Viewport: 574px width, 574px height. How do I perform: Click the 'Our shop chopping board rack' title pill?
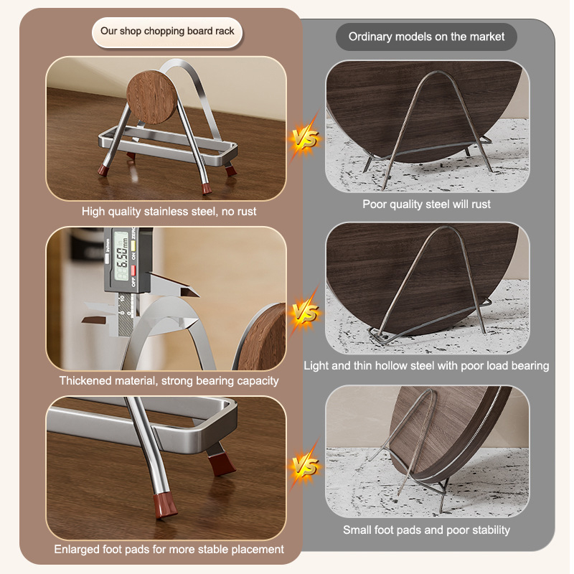167,32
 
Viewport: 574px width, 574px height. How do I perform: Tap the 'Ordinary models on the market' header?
426,37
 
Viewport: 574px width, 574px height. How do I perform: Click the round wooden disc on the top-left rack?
151,97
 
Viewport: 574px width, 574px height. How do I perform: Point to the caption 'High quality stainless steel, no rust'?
169,211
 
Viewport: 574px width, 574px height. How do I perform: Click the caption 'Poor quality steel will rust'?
426,204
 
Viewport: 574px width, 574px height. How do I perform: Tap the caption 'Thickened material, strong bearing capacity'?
169,381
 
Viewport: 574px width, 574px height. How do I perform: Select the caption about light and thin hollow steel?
426,365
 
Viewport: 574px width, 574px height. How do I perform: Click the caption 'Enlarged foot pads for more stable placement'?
169,549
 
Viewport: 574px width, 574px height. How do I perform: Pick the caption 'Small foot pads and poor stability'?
426,530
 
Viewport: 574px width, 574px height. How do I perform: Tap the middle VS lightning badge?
304,312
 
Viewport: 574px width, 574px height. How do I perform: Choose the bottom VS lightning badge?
304,466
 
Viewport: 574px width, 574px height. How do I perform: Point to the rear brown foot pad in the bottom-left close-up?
222,464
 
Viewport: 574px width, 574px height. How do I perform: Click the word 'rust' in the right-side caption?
481,204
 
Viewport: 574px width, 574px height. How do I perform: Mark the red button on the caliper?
133,270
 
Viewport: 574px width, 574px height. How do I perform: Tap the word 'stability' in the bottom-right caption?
491,530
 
